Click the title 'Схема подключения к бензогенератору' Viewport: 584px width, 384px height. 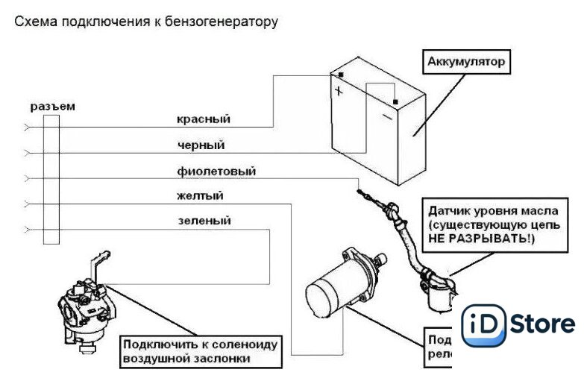[x=146, y=22]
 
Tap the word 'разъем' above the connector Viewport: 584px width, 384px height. [x=52, y=107]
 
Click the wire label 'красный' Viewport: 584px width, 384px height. [x=203, y=119]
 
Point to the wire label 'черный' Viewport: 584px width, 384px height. [x=201, y=145]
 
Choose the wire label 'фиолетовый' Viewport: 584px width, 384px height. [x=216, y=171]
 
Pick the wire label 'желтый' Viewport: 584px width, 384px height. [x=200, y=196]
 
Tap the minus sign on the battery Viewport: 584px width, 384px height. [x=386, y=117]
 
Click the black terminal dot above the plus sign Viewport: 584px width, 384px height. [x=340, y=75]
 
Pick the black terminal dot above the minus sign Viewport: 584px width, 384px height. [x=395, y=101]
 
